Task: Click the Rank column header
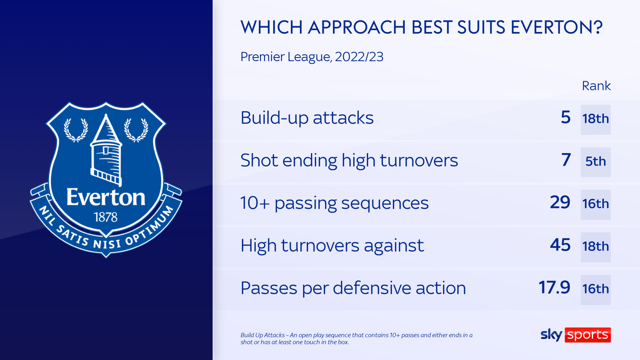click(596, 86)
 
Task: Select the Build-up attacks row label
click(307, 118)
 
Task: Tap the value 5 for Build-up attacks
click(566, 118)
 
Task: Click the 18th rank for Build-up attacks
click(596, 119)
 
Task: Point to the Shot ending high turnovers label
click(349, 161)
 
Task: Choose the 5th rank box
click(596, 162)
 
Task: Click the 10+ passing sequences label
click(334, 203)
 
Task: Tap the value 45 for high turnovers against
click(560, 245)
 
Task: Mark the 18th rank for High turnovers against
click(596, 247)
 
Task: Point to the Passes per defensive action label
click(353, 288)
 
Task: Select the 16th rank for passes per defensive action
click(596, 289)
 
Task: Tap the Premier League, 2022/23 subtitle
click(312, 57)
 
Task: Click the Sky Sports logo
click(575, 335)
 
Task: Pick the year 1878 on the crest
click(106, 217)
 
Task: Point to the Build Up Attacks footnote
click(356, 338)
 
